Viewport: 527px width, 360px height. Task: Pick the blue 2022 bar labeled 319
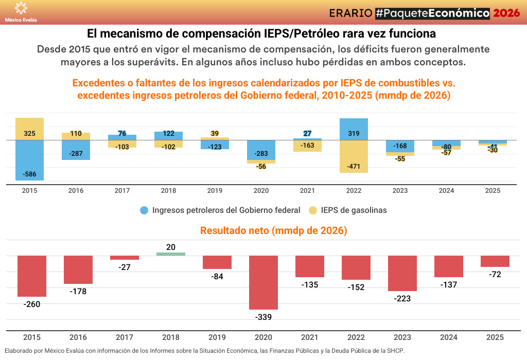tap(354, 129)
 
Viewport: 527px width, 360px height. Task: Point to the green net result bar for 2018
tap(171, 254)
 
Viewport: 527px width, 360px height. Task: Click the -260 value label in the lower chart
tap(32, 304)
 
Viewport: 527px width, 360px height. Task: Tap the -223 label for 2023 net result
tap(402, 298)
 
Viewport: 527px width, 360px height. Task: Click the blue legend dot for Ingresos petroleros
tap(144, 210)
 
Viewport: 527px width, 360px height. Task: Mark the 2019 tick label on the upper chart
tap(215, 191)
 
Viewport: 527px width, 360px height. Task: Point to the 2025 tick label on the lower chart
tap(495, 337)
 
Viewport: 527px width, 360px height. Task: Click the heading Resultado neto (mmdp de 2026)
tap(273, 231)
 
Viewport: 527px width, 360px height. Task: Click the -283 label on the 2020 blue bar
tap(261, 154)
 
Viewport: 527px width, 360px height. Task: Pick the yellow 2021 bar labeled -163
tap(307, 146)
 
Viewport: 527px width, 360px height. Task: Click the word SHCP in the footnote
tap(396, 351)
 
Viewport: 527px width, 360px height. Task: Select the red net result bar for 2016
tap(78, 269)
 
